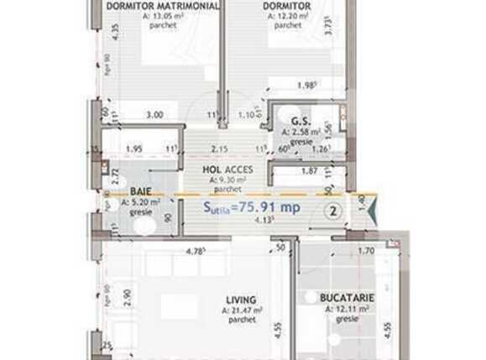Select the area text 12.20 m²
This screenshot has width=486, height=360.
pos(288,16)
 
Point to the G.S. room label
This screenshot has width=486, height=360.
pos(296,121)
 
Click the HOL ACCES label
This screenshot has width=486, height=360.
pos(225,168)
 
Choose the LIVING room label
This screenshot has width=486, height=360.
pos(240,300)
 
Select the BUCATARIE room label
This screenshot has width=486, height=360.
pos(347,298)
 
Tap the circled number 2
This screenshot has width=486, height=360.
pos(333,211)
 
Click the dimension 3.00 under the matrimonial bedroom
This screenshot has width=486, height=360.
pos(154,116)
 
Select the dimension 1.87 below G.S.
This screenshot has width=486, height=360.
pos(308,170)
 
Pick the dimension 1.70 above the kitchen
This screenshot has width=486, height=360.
pos(367,250)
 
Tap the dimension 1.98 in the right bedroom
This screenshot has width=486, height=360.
pos(307,84)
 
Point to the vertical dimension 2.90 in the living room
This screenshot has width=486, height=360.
pos(124,296)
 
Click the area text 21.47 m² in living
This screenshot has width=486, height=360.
pos(242,310)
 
